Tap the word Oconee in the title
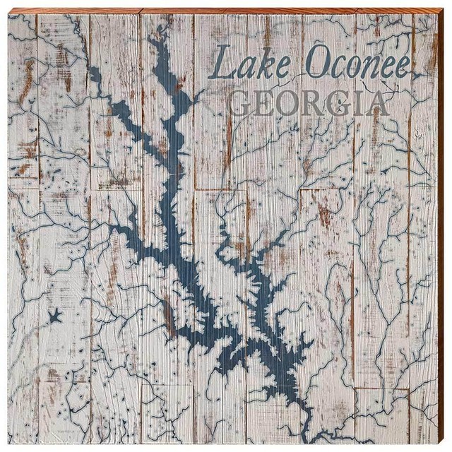tap(357, 66)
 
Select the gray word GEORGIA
tap(310, 104)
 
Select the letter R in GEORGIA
tap(312, 105)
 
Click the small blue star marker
tap(54, 316)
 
